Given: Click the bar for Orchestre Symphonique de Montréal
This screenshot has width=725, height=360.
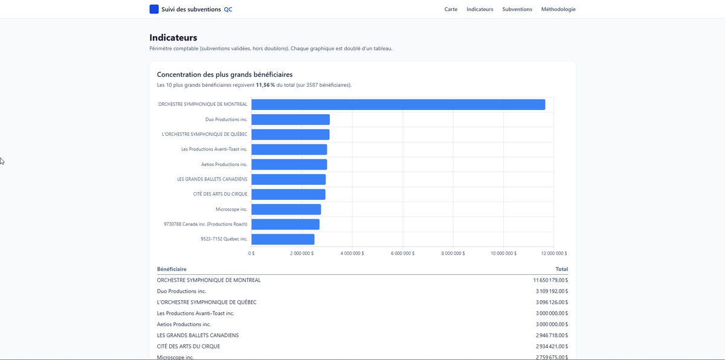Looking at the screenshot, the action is [x=398, y=104].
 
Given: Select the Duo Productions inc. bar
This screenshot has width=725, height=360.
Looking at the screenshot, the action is [x=291, y=120].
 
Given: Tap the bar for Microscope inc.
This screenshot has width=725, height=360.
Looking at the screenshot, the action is [x=286, y=209].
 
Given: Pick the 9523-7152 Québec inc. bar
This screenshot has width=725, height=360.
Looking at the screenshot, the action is [x=283, y=239].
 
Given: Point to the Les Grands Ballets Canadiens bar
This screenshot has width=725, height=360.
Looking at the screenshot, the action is [x=288, y=179].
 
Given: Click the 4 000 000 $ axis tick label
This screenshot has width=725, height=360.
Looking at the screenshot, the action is [x=352, y=253].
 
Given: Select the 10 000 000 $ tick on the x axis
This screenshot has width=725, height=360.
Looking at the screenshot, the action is [x=504, y=253].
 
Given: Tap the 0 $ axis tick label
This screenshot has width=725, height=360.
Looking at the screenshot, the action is [x=251, y=253].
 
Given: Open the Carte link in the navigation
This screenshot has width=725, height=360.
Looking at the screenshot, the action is [x=451, y=9].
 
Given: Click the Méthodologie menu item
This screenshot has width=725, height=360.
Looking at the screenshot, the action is [x=558, y=9].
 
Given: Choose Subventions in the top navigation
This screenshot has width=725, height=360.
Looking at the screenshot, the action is [x=517, y=9].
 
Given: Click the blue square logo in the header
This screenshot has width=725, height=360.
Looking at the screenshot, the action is [x=154, y=9].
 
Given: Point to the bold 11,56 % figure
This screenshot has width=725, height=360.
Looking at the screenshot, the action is [x=265, y=85].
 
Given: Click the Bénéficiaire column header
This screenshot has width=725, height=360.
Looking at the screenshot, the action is [x=172, y=269].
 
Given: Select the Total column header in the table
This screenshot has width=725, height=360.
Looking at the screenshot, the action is [x=561, y=269].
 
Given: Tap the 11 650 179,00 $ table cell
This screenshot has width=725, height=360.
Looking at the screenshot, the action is [x=550, y=280].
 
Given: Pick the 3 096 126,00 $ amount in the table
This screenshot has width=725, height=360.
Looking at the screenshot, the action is [x=552, y=302].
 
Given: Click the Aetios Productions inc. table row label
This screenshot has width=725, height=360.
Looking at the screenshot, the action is [x=184, y=324].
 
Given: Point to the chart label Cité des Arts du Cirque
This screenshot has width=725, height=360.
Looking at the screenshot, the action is [x=220, y=194].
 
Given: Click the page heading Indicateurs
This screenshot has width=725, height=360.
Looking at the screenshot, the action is [x=173, y=37].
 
